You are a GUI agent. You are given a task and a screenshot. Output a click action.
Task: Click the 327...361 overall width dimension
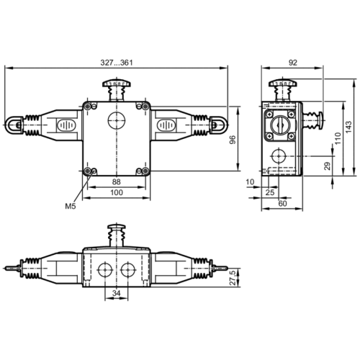coord(117,63)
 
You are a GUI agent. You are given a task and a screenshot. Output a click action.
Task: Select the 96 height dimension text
coord(232,140)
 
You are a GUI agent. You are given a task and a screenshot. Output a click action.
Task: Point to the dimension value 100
coord(115,194)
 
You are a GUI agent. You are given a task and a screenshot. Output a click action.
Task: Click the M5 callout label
coord(70,207)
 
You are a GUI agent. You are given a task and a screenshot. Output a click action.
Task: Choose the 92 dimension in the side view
coord(292,63)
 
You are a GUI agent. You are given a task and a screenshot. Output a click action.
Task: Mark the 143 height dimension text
coord(348,126)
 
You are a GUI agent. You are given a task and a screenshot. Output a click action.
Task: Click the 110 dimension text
coord(337,137)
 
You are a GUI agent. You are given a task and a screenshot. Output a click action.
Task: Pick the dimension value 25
coord(269,194)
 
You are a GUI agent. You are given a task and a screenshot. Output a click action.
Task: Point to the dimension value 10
coord(249,182)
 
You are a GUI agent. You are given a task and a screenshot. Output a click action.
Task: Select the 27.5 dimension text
coord(232,278)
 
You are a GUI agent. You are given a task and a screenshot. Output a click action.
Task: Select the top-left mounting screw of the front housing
coord(89,107)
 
